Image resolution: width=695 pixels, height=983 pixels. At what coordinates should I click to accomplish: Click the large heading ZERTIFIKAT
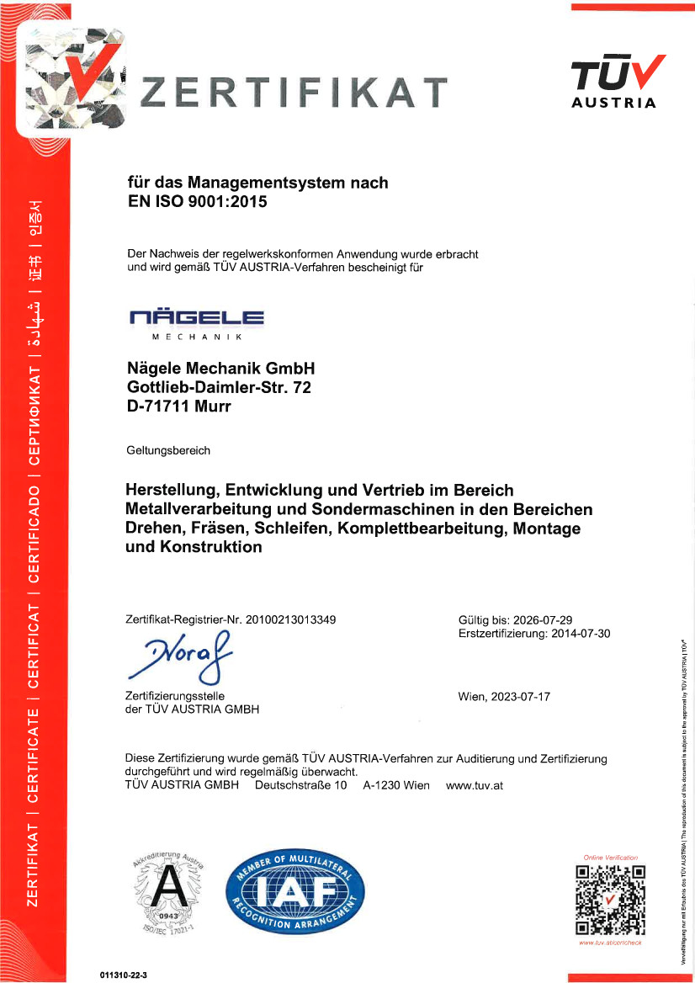click(x=292, y=92)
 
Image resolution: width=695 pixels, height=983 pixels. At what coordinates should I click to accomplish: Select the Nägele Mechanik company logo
click(x=197, y=323)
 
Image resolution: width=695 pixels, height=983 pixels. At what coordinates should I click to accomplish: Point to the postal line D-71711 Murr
click(x=178, y=406)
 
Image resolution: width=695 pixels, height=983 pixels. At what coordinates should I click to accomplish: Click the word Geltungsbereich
click(x=167, y=450)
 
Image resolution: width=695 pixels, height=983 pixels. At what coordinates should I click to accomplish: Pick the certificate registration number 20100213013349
click(x=290, y=619)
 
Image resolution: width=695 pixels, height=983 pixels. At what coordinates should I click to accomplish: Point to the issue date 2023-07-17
click(x=522, y=697)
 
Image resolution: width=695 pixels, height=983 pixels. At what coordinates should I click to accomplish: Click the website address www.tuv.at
click(x=474, y=785)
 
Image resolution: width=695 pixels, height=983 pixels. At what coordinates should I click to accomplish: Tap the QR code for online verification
click(x=610, y=899)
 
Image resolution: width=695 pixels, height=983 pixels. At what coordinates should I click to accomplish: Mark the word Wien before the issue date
click(x=470, y=697)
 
